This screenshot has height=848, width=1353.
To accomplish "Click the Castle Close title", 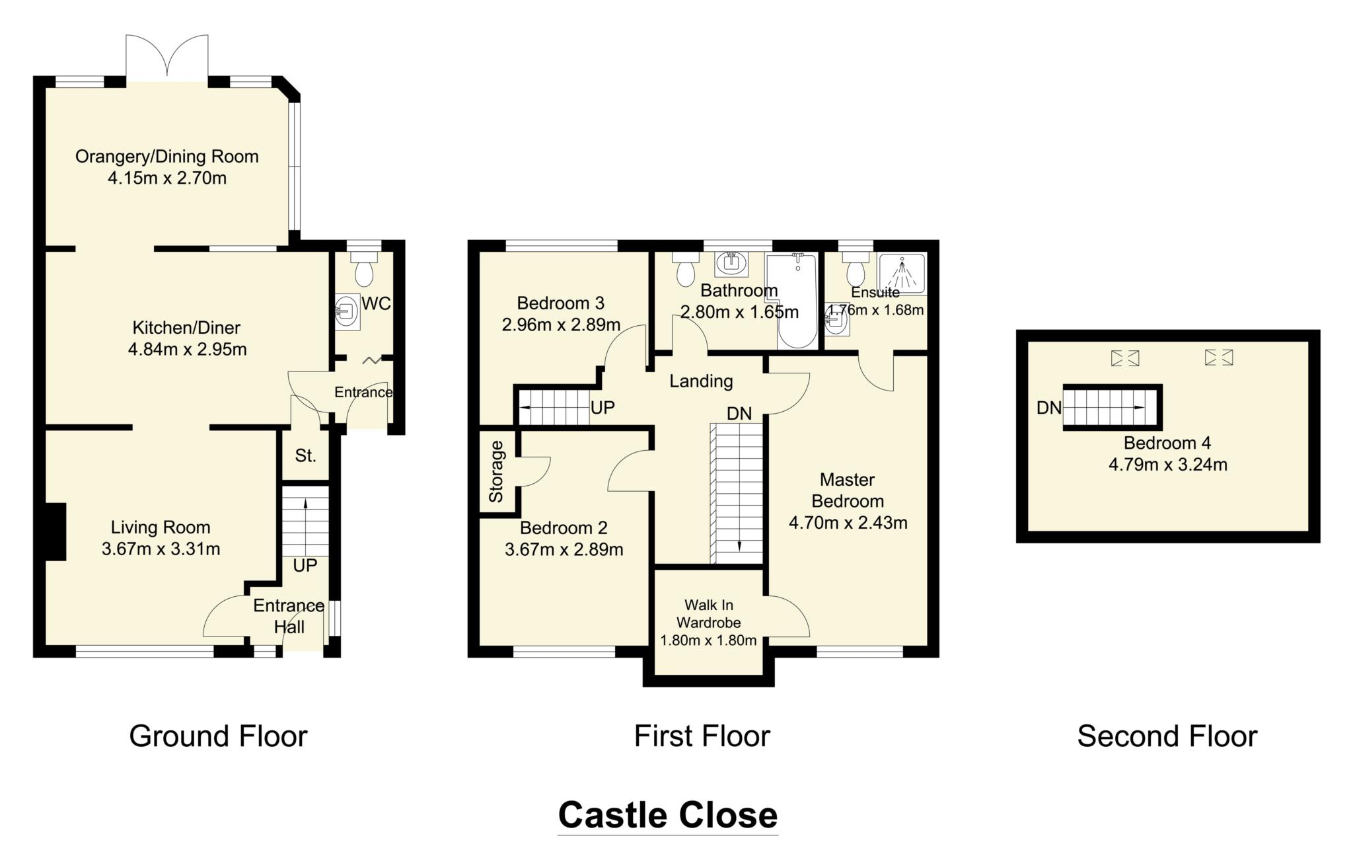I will pyautogui.click(x=667, y=815).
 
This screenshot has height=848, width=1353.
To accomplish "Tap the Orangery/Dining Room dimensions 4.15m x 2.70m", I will pyautogui.click(x=166, y=178).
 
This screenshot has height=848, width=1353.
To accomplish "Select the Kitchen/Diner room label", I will pyautogui.click(x=186, y=327).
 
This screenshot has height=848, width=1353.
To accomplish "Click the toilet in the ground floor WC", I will pyautogui.click(x=363, y=272).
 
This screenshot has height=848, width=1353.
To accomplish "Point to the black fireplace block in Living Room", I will pyautogui.click(x=55, y=531).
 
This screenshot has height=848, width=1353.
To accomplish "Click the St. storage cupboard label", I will pyautogui.click(x=305, y=455).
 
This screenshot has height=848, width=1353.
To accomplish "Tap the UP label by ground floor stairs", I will pyautogui.click(x=305, y=566).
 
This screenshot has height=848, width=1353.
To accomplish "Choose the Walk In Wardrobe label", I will pyautogui.click(x=708, y=613).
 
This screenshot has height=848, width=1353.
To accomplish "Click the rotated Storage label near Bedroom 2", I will pyautogui.click(x=496, y=471).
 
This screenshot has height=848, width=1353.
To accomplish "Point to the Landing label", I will pyautogui.click(x=701, y=381).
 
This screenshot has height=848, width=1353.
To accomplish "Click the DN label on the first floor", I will pyautogui.click(x=739, y=414).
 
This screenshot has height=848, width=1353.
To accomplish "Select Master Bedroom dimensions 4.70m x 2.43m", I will pyautogui.click(x=848, y=523).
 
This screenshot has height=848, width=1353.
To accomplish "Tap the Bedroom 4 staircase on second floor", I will pyautogui.click(x=1112, y=408).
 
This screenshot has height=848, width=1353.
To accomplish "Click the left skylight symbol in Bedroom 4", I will pyautogui.click(x=1125, y=358).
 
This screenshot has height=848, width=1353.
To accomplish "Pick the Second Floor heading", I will pyautogui.click(x=1167, y=736).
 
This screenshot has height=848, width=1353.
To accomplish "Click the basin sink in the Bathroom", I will pyautogui.click(x=731, y=262).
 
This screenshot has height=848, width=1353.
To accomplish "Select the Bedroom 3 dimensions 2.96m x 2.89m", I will pyautogui.click(x=561, y=325).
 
